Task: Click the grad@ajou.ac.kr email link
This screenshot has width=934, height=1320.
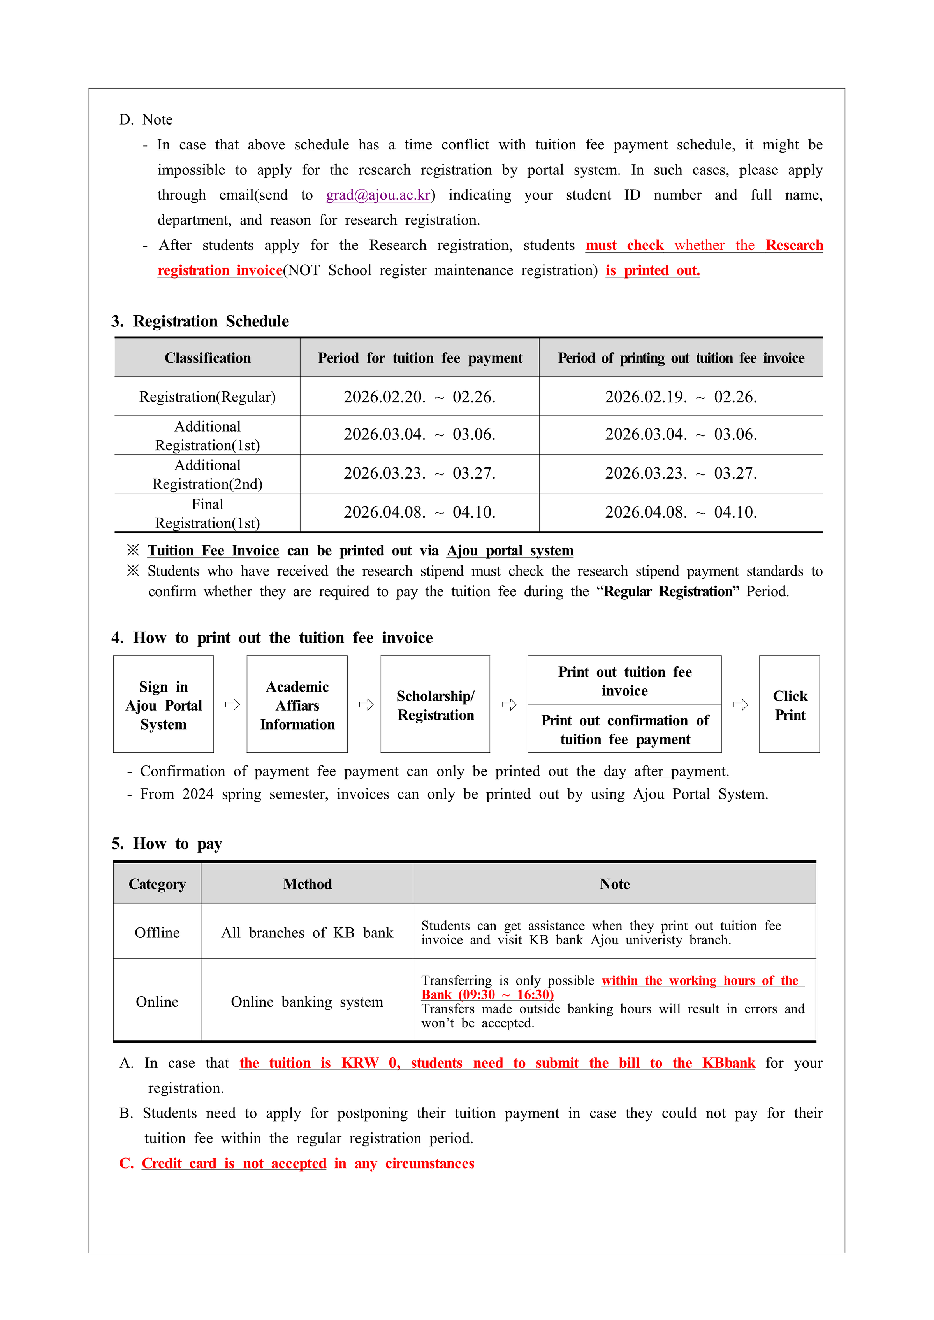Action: [378, 195]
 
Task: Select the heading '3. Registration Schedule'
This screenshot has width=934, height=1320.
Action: [200, 321]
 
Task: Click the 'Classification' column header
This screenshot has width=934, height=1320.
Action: [208, 358]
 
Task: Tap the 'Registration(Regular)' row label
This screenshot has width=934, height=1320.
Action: [208, 397]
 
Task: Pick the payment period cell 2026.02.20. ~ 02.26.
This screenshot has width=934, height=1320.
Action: [419, 397]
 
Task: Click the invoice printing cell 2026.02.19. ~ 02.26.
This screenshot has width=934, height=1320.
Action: [681, 397]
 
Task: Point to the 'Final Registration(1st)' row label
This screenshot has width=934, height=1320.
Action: [208, 513]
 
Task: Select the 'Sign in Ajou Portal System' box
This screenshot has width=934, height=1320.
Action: [164, 705]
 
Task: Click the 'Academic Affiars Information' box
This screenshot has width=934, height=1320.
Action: [297, 705]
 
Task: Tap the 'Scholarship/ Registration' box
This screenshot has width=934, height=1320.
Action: [435, 705]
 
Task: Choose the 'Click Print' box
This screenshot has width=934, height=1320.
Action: [790, 705]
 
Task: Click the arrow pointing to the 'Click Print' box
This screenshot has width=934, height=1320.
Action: [741, 705]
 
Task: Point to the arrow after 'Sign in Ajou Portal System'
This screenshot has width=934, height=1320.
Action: [232, 705]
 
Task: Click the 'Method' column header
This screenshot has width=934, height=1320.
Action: [307, 884]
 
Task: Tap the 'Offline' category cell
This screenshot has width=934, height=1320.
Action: [157, 932]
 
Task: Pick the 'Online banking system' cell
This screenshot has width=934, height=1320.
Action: [307, 1002]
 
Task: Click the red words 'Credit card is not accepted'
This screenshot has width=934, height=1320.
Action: [234, 1164]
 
